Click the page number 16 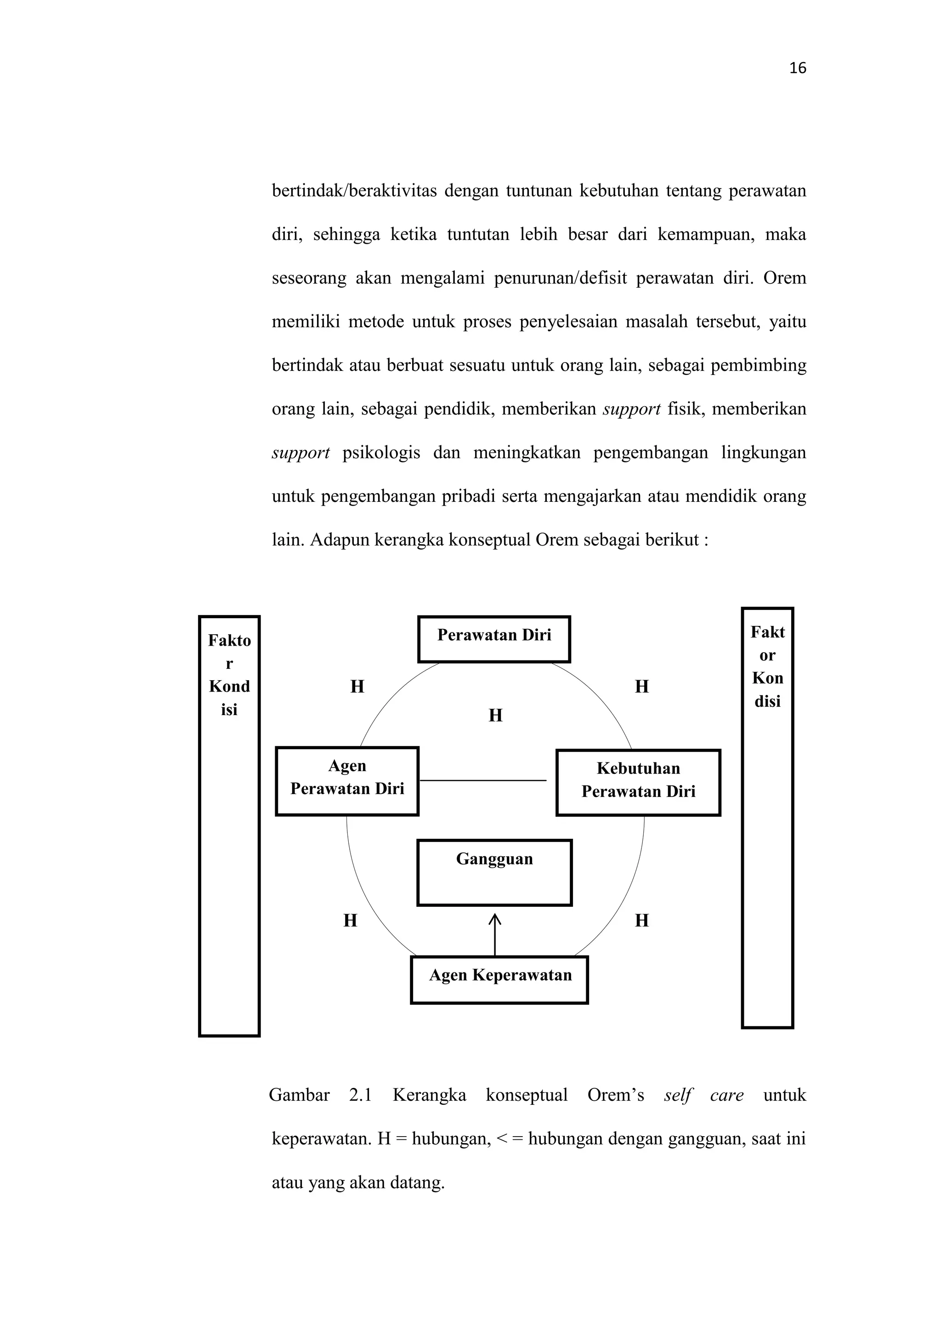(797, 68)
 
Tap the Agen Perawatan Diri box (346, 781)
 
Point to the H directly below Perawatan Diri (495, 715)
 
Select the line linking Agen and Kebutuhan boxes (482, 780)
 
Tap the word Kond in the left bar (229, 686)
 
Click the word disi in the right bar (767, 701)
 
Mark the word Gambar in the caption (299, 1095)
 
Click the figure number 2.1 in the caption (360, 1095)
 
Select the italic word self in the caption (678, 1095)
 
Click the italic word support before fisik (632, 409)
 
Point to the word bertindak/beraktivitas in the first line (354, 191)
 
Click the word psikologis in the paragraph (381, 453)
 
